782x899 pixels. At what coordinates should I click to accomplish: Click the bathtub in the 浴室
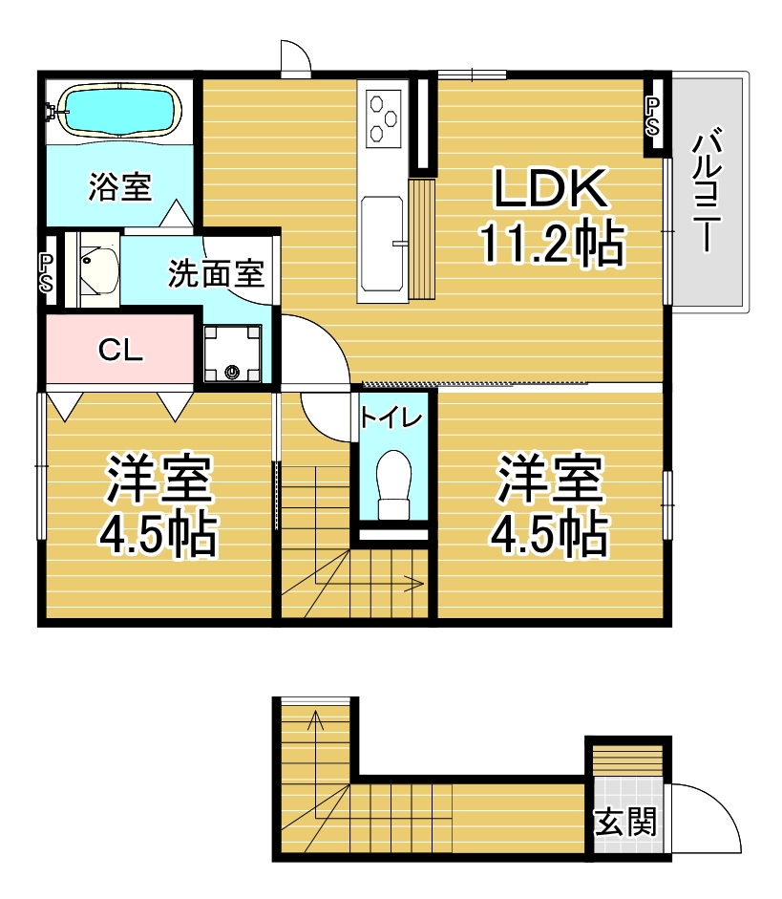[x=119, y=112]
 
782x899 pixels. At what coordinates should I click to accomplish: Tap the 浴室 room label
[x=119, y=187]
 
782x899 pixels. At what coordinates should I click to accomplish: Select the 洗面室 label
[x=216, y=273]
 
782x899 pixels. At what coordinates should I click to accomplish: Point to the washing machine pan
[x=233, y=353]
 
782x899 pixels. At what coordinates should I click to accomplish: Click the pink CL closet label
[x=120, y=349]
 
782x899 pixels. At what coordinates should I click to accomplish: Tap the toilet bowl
[x=394, y=484]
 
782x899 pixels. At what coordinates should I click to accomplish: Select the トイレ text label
[x=391, y=417]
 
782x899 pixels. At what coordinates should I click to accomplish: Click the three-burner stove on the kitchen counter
[x=383, y=118]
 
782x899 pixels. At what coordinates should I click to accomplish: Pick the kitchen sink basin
[x=382, y=244]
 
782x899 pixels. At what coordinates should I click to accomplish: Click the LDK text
[x=550, y=188]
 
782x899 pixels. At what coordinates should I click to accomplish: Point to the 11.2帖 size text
[x=552, y=244]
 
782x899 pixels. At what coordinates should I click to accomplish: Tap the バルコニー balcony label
[x=708, y=189]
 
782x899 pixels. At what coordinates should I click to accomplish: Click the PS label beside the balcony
[x=652, y=117]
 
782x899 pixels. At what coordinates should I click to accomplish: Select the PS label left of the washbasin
[x=46, y=273]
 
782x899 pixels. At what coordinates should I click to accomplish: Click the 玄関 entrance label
[x=625, y=823]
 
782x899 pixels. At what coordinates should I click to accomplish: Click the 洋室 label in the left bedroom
[x=159, y=480]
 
